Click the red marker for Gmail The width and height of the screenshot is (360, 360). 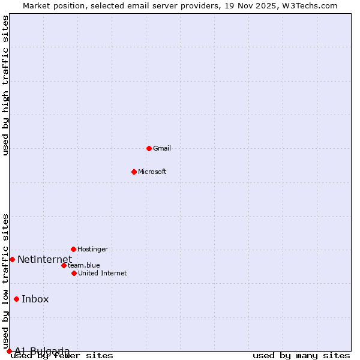(149, 148)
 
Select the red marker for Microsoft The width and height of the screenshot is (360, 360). (134, 172)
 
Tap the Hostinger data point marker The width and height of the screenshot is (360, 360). (73, 249)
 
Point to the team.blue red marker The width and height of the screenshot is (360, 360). (64, 265)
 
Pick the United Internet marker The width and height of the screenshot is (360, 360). (74, 273)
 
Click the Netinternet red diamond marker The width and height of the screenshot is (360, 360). (12, 259)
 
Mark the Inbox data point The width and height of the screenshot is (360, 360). (16, 299)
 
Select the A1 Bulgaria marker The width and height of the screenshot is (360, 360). (9, 351)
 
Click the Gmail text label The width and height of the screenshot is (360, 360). (162, 148)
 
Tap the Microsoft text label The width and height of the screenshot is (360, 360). (152, 172)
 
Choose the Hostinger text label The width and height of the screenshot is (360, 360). (92, 249)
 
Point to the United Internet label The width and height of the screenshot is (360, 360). (102, 273)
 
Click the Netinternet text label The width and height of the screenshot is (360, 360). (44, 259)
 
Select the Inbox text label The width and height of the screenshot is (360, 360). (35, 299)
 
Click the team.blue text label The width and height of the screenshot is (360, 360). (84, 265)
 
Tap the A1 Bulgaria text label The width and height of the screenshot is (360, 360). (42, 351)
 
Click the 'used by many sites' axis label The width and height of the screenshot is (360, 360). (301, 355)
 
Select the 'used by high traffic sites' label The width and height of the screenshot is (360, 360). (6, 85)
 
